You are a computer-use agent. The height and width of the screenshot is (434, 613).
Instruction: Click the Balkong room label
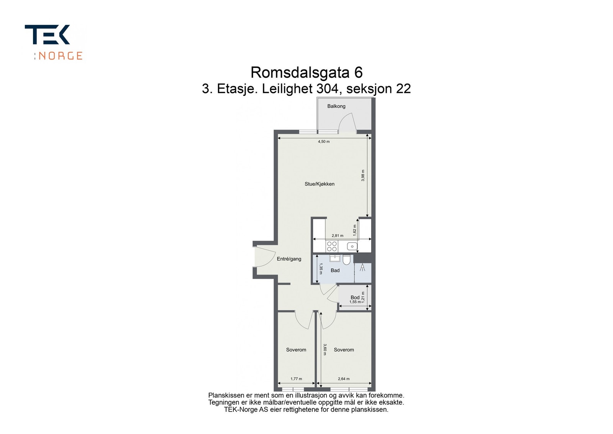[336, 106]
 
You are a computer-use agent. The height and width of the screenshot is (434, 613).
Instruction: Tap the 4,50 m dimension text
[323, 141]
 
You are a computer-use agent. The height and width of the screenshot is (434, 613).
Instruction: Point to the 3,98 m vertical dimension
[363, 175]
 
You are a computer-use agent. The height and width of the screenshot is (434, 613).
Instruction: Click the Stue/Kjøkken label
[320, 184]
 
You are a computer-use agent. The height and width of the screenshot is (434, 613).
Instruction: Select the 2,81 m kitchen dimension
[337, 236]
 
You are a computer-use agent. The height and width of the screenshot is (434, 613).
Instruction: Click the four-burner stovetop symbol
[332, 246]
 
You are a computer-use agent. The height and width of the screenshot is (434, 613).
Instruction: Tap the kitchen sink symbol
[352, 246]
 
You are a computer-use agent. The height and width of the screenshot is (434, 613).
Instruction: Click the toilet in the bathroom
[346, 260]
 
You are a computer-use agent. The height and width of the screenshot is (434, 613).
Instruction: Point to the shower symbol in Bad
[362, 268]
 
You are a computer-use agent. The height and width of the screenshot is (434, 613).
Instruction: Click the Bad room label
[335, 270]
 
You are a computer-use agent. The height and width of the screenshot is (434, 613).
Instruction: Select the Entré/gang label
[289, 259]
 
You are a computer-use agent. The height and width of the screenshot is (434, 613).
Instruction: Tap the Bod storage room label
[355, 297]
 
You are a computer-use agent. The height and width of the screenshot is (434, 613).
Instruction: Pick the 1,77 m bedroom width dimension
[296, 379]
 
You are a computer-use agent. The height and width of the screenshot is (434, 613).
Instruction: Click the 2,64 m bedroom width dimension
[344, 379]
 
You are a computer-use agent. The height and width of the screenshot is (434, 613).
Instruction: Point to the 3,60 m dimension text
[325, 349]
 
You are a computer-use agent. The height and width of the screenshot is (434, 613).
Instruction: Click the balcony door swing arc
[347, 122]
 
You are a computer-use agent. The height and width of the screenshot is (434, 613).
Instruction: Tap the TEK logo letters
[47, 35]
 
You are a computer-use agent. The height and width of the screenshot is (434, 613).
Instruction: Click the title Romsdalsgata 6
[306, 72]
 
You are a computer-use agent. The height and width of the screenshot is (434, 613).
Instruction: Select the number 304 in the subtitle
[328, 89]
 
